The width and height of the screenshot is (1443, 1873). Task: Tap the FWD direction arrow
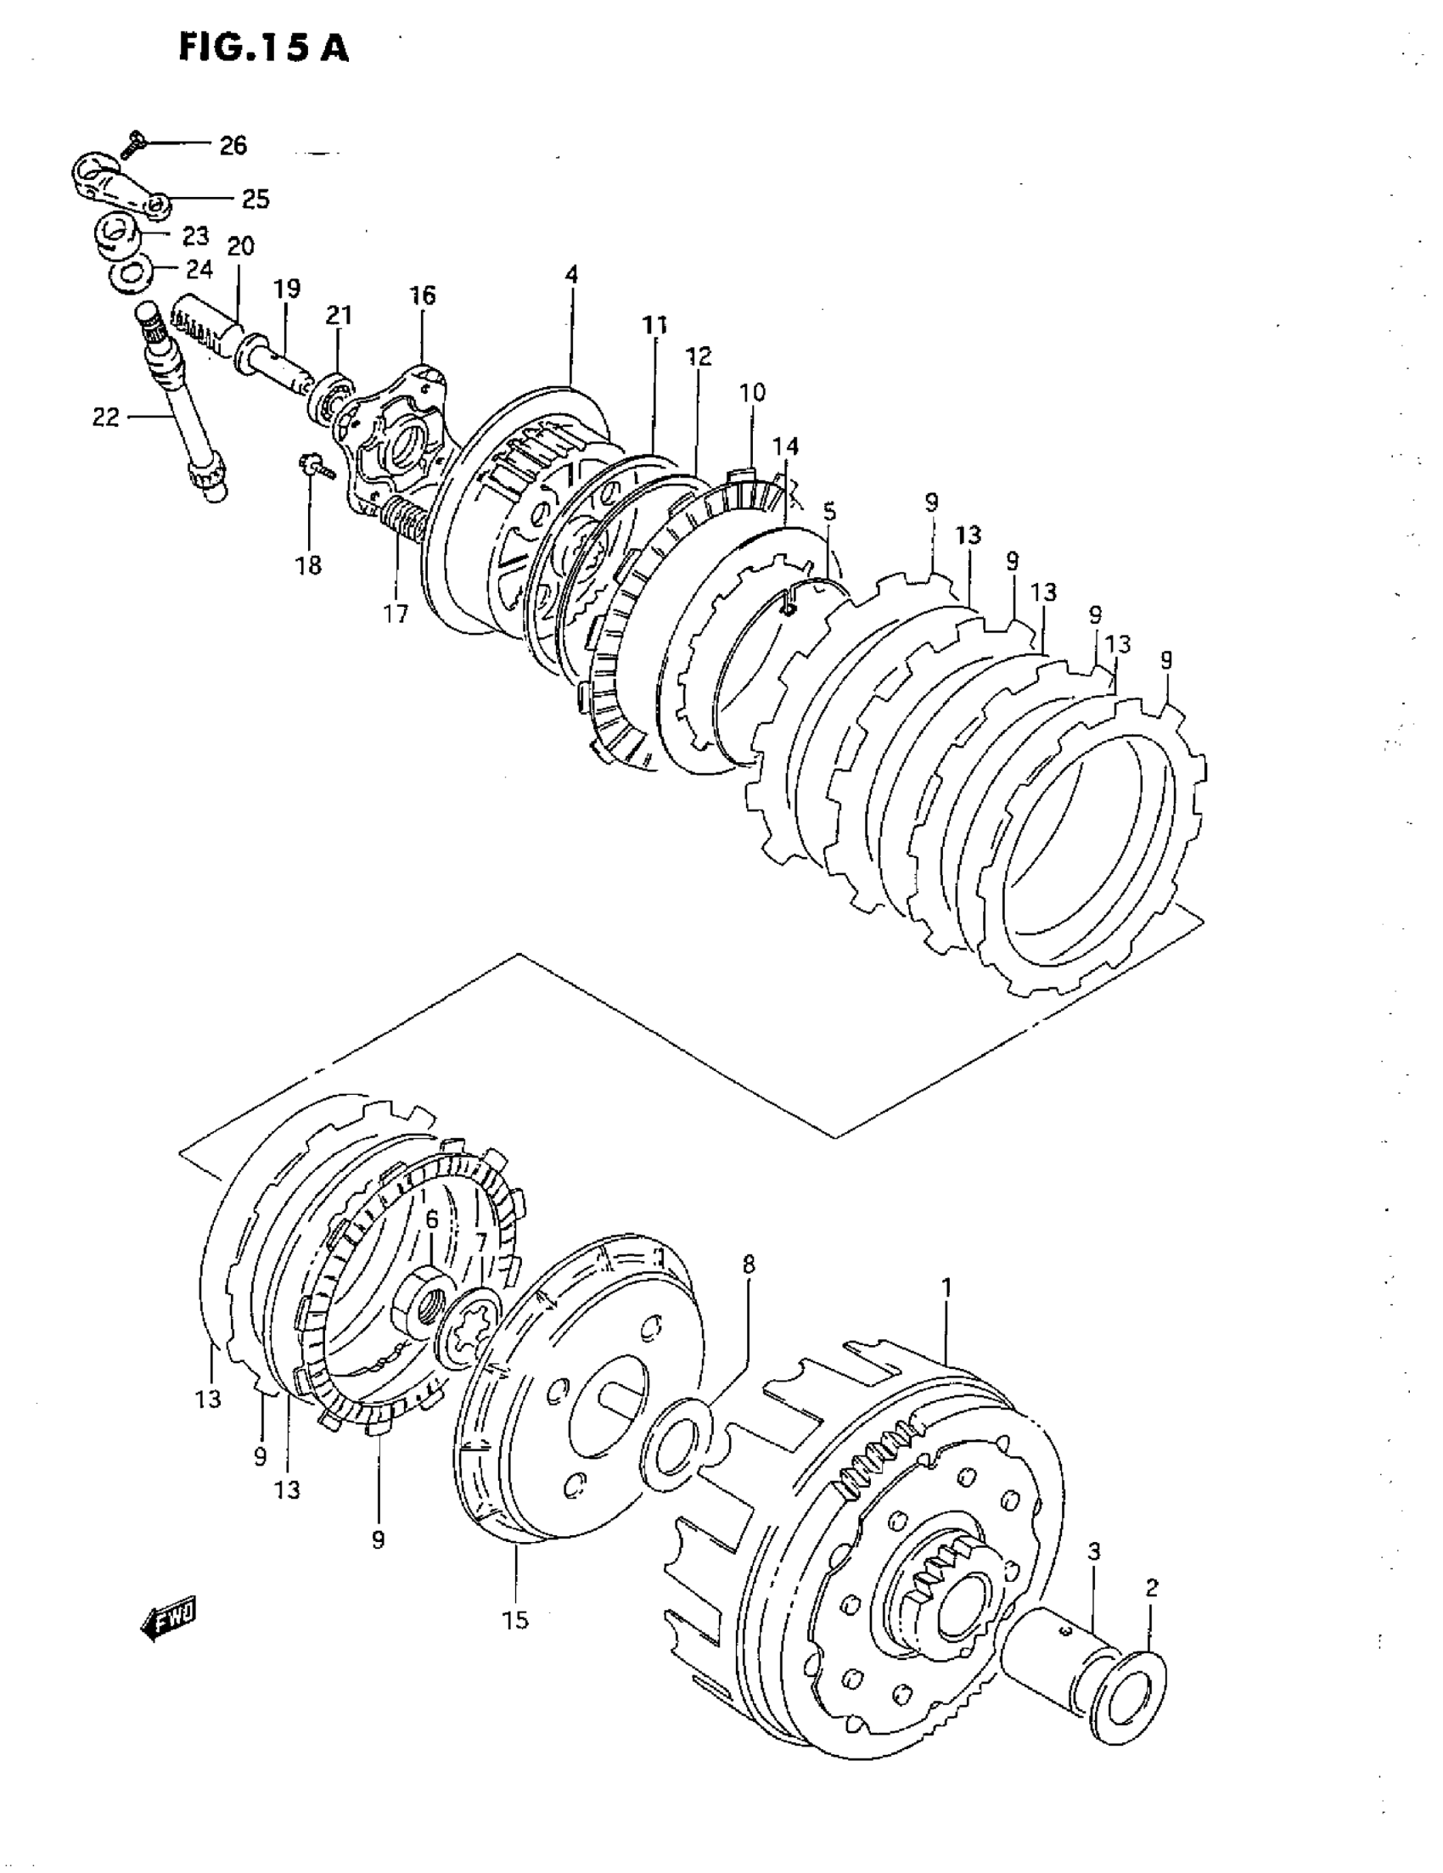(168, 1620)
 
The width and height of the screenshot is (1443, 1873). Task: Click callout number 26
(233, 146)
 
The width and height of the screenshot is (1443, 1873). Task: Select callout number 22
(105, 418)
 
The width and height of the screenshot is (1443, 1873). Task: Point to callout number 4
(571, 274)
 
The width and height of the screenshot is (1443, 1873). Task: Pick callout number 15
(516, 1620)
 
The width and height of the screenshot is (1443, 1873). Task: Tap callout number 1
(946, 1287)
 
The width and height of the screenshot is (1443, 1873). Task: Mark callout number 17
(396, 614)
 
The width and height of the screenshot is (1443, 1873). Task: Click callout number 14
(786, 446)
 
